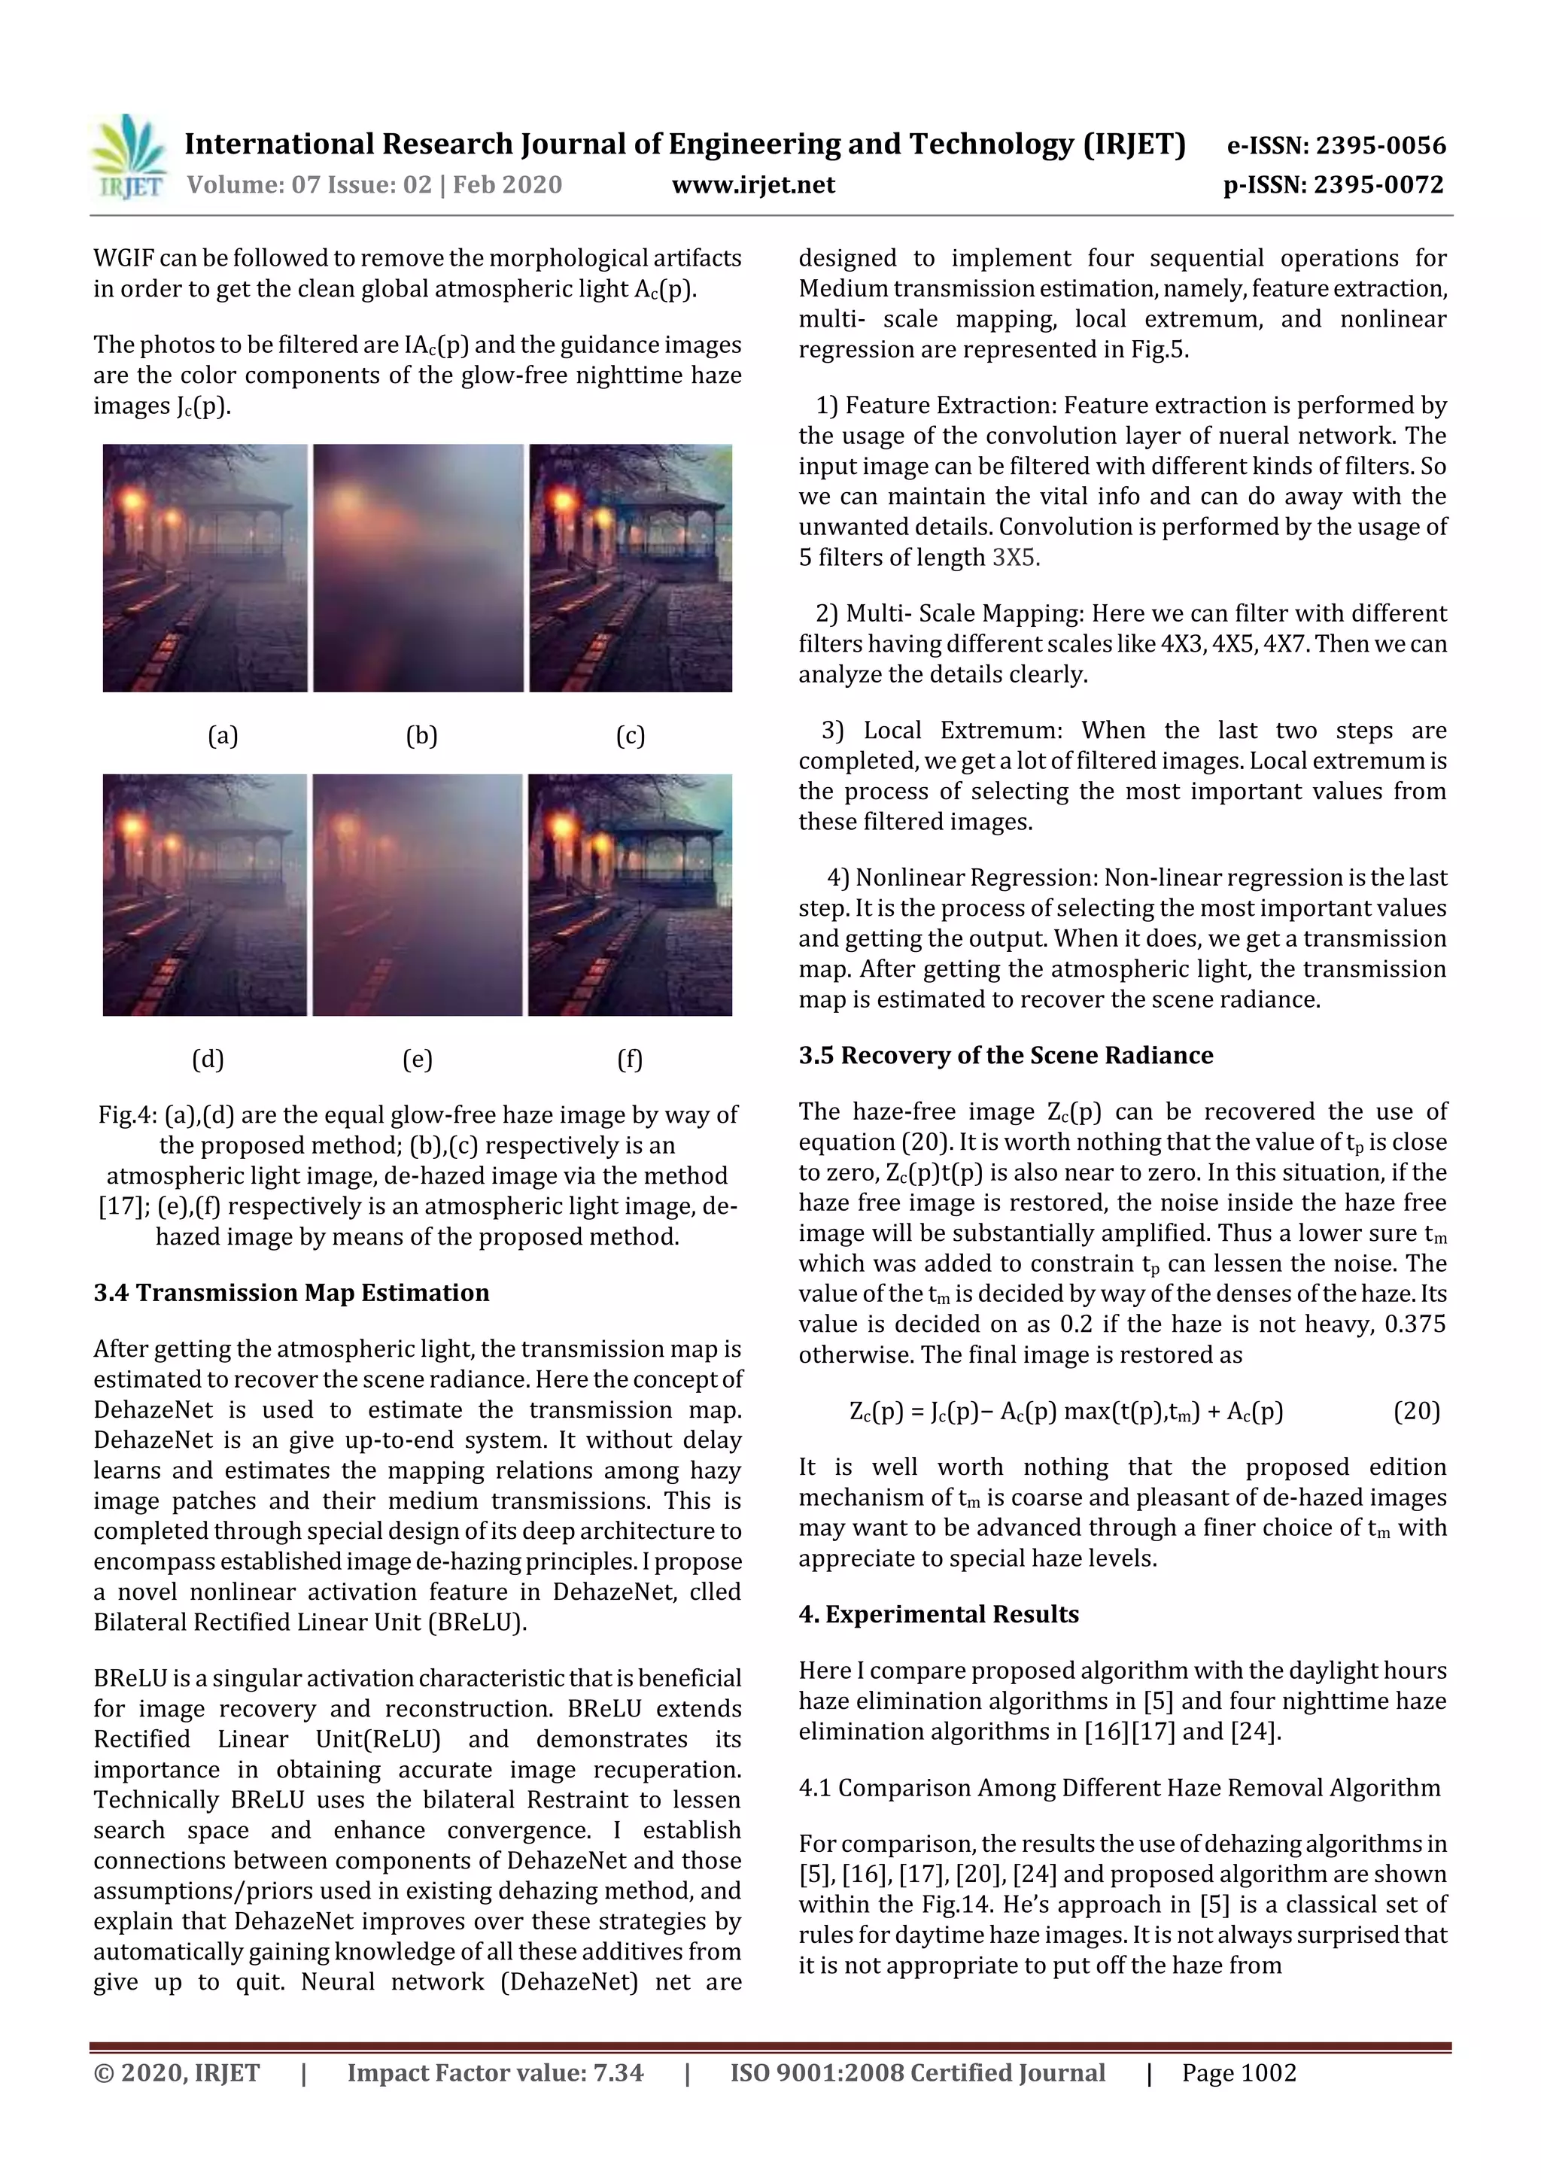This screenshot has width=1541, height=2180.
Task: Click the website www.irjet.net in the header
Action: point(753,184)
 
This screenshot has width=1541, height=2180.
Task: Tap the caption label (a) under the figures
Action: point(223,735)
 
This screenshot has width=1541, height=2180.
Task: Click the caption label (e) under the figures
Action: point(418,1059)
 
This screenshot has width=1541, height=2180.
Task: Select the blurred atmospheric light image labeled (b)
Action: point(418,568)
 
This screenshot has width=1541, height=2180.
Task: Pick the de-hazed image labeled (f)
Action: point(631,895)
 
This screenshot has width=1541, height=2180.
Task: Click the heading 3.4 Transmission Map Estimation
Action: point(291,1292)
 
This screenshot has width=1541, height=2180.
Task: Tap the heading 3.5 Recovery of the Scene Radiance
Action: point(1005,1055)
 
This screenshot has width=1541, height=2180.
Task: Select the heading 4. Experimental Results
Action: point(938,1614)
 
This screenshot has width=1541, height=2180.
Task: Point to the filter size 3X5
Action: point(1015,558)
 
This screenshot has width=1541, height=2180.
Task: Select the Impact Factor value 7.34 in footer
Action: point(617,2072)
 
